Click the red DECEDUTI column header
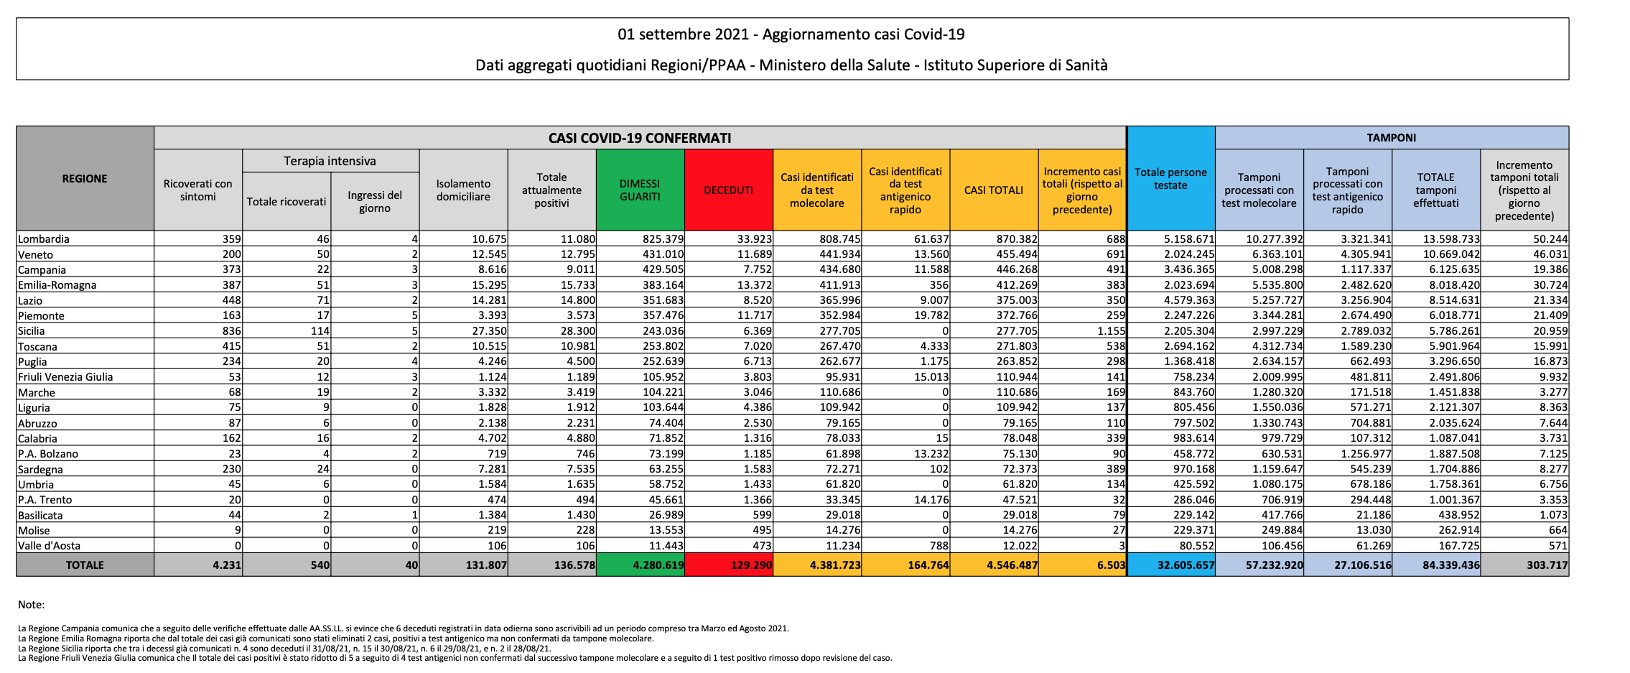728,190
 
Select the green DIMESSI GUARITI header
640,190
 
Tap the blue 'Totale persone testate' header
1170,179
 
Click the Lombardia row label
44,239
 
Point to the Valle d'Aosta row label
49,546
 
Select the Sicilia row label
32,331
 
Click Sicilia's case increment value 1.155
1111,331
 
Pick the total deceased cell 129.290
751,565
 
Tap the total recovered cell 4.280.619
658,565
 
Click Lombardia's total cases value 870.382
1016,239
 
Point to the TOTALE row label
85,565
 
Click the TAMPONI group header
1391,138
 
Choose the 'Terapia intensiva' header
330,161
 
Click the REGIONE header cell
85,179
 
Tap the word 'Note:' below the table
32,605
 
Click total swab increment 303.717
1547,565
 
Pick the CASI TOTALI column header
994,190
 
